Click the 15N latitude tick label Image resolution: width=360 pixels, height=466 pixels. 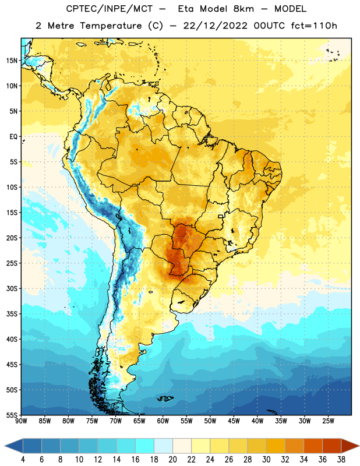point(12,61)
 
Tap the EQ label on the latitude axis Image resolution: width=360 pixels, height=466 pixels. point(13,137)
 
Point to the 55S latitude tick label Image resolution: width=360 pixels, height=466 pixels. point(12,415)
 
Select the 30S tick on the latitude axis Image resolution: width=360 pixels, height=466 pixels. point(12,288)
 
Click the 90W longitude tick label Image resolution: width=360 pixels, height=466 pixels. point(21,421)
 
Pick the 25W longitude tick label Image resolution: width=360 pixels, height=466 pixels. point(328,421)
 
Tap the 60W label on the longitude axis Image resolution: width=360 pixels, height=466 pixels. point(163,421)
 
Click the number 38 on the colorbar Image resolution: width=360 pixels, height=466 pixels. point(341,460)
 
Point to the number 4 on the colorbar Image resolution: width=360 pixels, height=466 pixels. point(23,460)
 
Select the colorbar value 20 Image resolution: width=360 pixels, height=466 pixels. point(172,460)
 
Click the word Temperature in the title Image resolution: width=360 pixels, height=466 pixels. point(111,26)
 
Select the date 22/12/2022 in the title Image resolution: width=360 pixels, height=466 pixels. point(216,26)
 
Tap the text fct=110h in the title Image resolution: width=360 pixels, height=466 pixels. point(314,26)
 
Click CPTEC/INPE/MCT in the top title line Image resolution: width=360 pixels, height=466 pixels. point(109,9)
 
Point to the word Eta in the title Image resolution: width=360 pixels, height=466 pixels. point(186,9)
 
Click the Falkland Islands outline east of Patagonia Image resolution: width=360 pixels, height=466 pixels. point(165,398)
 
